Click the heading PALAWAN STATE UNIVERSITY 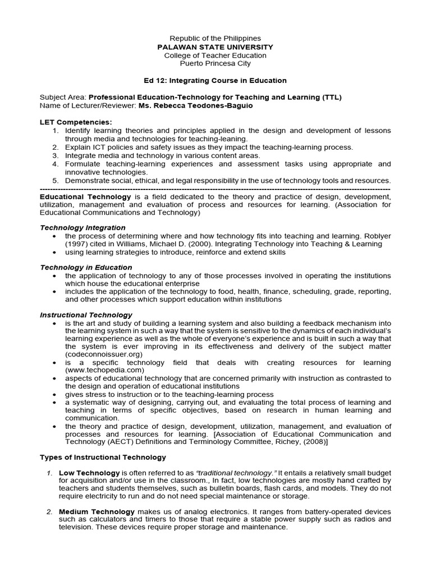215,47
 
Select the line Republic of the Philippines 215,38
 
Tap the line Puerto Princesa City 215,64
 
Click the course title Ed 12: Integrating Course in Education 215,81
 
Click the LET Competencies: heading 76,122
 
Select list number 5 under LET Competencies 56,180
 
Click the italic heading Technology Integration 82,228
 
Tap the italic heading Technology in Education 86,267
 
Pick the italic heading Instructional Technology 86,315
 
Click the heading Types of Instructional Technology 103,458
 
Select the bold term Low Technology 89,473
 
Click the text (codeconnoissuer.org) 103,355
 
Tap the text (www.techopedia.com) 105,371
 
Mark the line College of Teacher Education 215,55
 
